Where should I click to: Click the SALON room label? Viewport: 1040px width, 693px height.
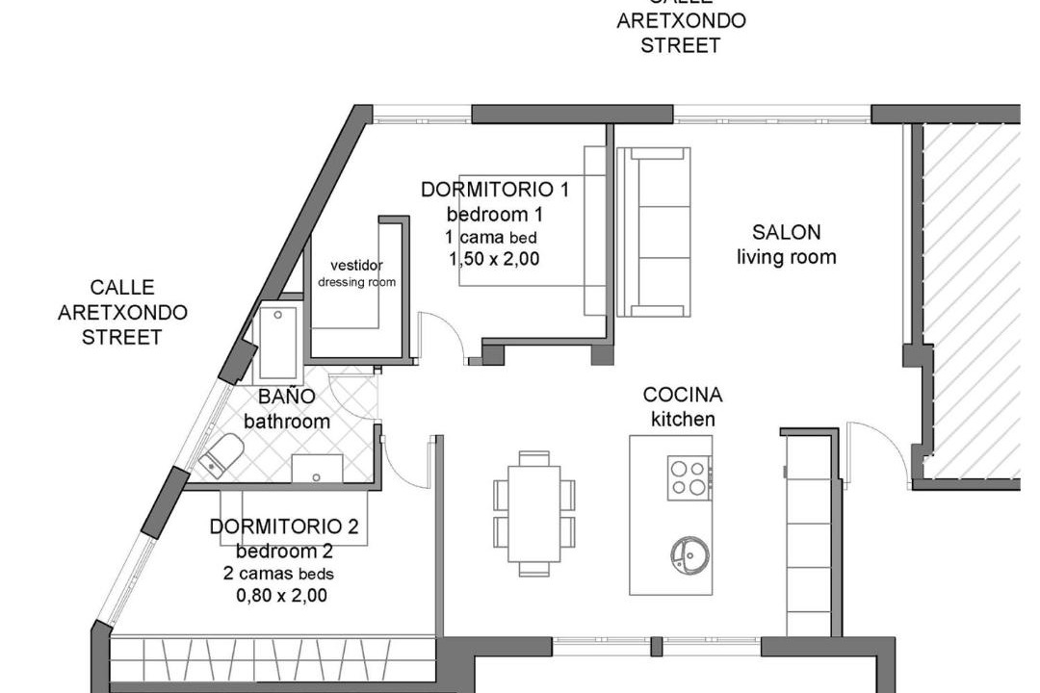[x=786, y=233]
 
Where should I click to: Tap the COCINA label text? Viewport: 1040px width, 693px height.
[x=683, y=396]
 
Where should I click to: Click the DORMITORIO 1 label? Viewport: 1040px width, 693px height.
[x=495, y=190]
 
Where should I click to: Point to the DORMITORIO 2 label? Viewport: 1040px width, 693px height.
[x=284, y=526]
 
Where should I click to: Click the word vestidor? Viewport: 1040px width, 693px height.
[x=357, y=266]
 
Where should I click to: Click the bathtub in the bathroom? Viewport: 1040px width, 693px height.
[x=278, y=344]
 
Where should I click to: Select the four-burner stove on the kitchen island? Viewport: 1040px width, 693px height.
[x=689, y=478]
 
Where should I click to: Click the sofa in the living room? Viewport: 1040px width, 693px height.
[x=653, y=231]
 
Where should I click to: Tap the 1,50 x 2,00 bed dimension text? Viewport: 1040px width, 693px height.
[x=494, y=259]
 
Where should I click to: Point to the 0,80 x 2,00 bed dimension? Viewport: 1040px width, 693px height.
[x=281, y=596]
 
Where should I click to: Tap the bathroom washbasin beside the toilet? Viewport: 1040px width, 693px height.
[x=317, y=468]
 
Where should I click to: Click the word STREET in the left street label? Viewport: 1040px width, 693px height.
[x=122, y=337]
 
